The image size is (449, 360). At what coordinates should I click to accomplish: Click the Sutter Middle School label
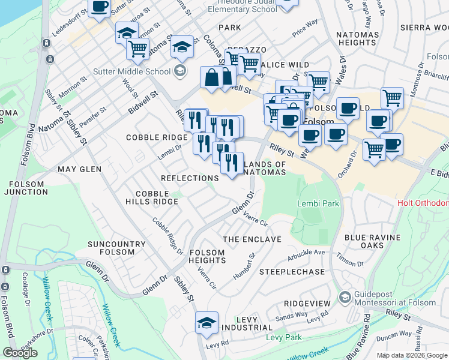(131, 71)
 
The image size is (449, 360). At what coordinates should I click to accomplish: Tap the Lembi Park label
(318, 203)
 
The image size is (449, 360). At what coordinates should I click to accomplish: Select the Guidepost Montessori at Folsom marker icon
(345, 298)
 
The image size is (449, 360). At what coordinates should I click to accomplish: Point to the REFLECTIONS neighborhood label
(190, 178)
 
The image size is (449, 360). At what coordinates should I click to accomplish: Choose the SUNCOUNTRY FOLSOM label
(116, 248)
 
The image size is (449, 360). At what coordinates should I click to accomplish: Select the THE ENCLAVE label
(252, 239)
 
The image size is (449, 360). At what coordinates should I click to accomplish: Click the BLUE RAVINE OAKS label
(372, 241)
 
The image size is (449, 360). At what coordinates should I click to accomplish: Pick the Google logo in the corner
(20, 353)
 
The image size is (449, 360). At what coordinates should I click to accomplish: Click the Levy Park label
(284, 338)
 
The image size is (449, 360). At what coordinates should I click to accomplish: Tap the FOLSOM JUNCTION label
(25, 188)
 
